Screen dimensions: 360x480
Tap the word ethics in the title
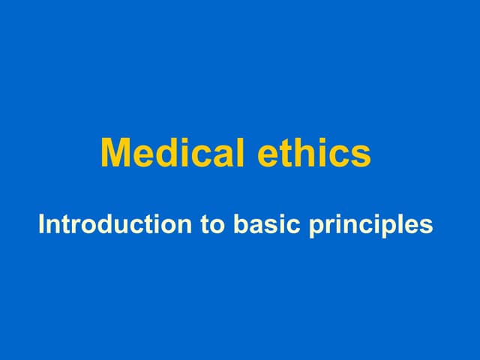click(314, 153)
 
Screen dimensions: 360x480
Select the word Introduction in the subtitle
click(115, 223)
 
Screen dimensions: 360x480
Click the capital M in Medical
click(115, 153)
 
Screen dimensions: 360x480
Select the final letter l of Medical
click(241, 153)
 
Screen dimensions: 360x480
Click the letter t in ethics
click(288, 154)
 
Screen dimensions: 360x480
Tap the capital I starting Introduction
click(42, 223)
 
